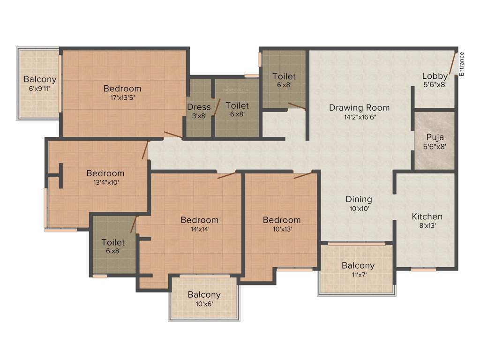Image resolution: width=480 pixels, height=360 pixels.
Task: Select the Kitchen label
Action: point(427,217)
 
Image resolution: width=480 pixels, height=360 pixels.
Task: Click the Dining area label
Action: point(359,199)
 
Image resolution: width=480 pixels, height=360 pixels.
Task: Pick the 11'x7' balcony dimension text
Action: point(358,275)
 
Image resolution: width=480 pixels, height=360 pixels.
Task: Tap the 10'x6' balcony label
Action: point(204,304)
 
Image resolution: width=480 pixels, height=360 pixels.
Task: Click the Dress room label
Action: point(199,107)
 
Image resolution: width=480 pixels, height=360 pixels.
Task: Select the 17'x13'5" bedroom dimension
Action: point(122,97)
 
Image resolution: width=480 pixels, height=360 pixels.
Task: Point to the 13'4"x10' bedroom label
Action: point(105,182)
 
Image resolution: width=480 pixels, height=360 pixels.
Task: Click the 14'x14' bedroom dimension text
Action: point(200,229)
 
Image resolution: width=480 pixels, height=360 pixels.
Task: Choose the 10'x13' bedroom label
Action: point(281,229)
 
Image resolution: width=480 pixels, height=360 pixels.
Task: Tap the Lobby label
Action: point(435,76)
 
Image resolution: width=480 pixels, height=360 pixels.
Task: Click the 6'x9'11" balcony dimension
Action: point(40,89)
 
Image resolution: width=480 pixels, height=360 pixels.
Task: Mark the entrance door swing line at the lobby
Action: point(453,64)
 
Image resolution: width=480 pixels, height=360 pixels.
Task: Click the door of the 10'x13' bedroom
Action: point(303,176)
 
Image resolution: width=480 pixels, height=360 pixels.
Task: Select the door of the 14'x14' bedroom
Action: point(226,176)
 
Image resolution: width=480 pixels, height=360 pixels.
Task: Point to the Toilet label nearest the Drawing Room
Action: point(284,76)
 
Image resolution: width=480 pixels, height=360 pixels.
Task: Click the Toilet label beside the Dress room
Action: point(237,106)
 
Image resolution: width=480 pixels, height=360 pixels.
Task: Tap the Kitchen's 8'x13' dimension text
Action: point(427,226)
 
